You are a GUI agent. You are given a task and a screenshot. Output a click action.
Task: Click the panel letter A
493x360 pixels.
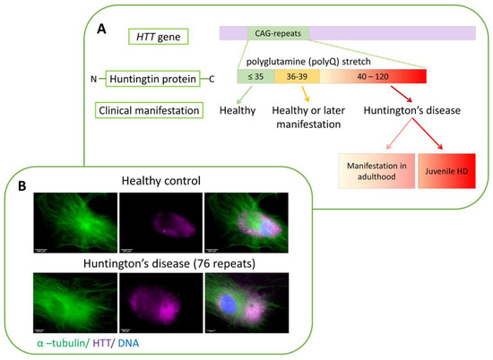coord(101,30)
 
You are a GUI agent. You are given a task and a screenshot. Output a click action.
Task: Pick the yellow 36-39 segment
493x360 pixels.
coord(292,77)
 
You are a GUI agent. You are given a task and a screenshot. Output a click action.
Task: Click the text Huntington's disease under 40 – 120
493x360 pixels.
coord(412,111)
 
